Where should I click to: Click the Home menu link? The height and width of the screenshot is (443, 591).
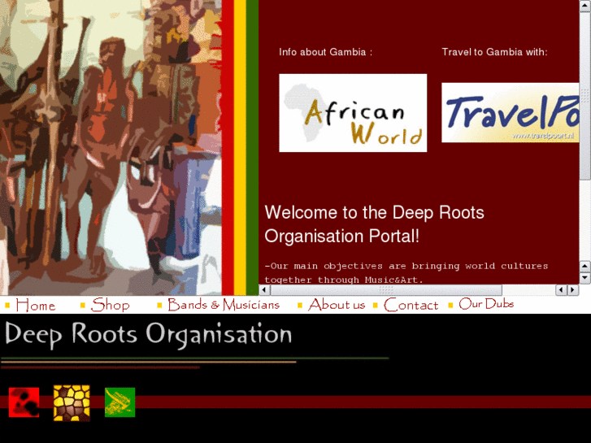[35, 306]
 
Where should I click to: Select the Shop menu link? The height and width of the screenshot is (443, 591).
[111, 306]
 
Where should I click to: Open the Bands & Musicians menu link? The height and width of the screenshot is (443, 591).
[224, 306]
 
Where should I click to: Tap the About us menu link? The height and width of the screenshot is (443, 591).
[337, 306]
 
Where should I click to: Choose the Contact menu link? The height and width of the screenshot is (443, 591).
[411, 306]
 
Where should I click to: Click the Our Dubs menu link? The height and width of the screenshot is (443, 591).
[486, 304]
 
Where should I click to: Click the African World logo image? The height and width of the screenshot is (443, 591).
[353, 113]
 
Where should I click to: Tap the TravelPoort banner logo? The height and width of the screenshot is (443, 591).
[511, 113]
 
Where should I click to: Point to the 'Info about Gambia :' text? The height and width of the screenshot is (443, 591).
[325, 52]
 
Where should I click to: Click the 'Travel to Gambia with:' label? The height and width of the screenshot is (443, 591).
[494, 52]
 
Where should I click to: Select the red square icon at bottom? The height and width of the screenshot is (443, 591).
[24, 402]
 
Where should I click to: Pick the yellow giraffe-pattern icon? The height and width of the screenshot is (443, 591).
[72, 402]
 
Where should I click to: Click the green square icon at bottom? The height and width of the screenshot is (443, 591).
[120, 402]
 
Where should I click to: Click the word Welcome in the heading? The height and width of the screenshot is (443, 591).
[299, 213]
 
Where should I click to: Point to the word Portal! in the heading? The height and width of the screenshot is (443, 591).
[393, 237]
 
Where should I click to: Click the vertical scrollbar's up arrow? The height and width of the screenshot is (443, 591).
[585, 266]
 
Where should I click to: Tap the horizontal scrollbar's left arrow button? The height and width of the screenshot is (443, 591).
[561, 290]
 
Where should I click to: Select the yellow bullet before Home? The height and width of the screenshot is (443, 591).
[7, 306]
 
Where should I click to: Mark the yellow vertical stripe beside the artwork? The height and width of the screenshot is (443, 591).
[240, 146]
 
